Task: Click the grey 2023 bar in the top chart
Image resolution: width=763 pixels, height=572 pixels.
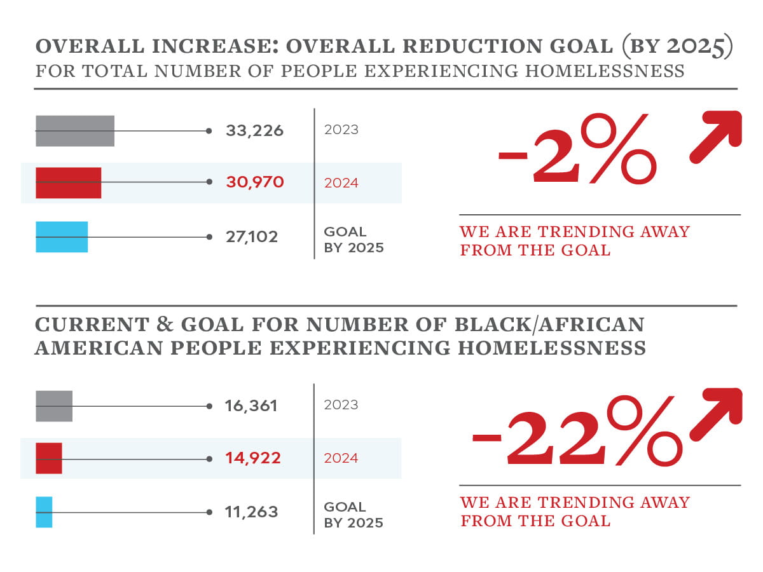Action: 74,131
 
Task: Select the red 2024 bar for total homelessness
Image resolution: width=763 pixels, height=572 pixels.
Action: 68,183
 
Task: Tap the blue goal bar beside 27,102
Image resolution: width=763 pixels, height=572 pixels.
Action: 61,237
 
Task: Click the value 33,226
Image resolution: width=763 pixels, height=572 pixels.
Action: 254,131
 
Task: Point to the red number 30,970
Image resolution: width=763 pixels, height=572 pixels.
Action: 254,183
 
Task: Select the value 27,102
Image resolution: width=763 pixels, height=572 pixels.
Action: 252,237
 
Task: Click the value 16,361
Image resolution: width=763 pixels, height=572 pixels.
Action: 251,406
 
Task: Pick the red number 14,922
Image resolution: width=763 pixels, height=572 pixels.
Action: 252,458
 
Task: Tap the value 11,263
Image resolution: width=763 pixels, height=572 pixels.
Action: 251,512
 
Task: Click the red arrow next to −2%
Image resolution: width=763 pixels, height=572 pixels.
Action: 717,136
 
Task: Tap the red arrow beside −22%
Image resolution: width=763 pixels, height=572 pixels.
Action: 717,413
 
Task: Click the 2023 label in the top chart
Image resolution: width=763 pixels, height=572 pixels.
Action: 341,130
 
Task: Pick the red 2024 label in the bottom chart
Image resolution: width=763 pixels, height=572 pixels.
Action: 341,458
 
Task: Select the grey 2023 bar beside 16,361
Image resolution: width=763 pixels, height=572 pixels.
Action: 54,406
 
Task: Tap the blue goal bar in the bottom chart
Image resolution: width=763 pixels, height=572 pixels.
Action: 44,512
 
